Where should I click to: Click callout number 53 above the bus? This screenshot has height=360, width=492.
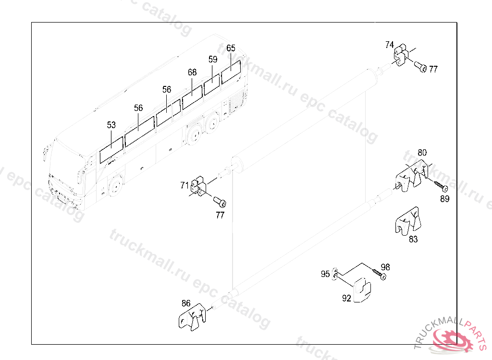[111, 125]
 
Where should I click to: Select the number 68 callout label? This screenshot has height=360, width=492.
[192, 72]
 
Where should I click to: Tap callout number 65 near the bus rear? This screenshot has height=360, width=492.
[231, 48]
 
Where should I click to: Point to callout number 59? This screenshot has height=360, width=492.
[213, 59]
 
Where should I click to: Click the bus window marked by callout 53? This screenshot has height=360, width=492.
[111, 150]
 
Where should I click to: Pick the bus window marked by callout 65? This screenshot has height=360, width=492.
[231, 72]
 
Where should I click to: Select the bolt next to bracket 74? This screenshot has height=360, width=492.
[420, 67]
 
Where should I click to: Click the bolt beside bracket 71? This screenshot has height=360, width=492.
[220, 202]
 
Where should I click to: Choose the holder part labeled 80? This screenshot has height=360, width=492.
[412, 176]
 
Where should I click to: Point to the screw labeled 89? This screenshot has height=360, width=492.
[441, 186]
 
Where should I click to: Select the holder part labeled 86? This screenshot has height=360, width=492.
[192, 317]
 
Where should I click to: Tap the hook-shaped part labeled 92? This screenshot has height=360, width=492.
[362, 290]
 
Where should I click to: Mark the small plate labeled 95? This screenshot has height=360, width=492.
[335, 275]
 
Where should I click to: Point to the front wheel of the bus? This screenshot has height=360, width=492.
[115, 186]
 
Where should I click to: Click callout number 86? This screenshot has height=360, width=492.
[186, 303]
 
